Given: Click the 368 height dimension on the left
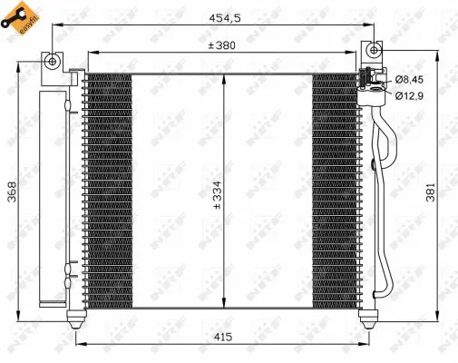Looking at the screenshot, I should [13, 194].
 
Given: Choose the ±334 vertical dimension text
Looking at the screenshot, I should [216, 194].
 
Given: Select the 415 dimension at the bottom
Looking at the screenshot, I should [223, 338].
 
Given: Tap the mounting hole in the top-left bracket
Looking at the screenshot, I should [54, 62].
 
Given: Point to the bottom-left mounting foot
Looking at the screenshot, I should [76, 317].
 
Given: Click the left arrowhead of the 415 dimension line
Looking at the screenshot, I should [79, 344].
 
